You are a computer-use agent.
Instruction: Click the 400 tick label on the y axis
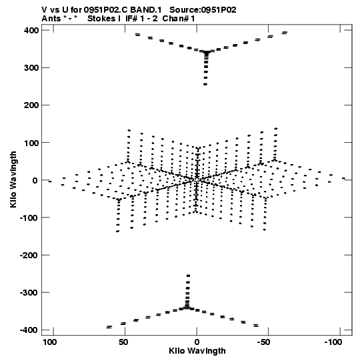pos(31,31)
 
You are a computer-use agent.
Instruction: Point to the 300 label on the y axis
pos(31,68)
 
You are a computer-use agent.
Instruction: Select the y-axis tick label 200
pos(31,105)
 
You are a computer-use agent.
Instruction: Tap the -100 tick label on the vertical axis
pos(29,218)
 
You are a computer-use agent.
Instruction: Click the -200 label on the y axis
pos(29,255)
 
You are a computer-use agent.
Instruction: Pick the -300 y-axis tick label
pos(29,293)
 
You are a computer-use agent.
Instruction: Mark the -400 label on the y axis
pos(29,330)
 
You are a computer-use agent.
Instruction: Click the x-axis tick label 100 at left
pos(50,342)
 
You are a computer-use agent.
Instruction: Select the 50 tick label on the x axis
pos(123,342)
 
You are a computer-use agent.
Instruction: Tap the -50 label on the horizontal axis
pos(263,342)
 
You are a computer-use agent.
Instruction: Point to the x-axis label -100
pos(333,342)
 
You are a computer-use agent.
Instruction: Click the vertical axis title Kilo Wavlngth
pos(13,179)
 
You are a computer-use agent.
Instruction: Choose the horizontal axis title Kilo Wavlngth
pos(197,351)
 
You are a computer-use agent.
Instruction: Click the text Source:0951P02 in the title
pos(203,10)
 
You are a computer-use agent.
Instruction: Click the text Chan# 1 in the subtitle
pos(179,19)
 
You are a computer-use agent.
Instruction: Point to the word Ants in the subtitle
pos(51,19)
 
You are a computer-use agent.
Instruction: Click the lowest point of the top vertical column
pos(205,85)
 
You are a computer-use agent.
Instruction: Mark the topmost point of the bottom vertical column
pos(188,276)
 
